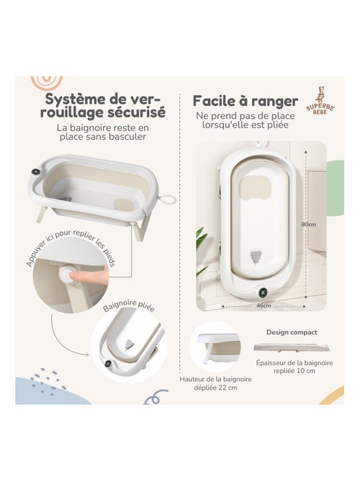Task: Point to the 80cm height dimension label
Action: [308, 224]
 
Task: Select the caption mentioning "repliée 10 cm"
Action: [294, 368]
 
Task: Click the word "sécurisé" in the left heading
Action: [138, 112]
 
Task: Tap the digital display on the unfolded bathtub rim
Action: [35, 172]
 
